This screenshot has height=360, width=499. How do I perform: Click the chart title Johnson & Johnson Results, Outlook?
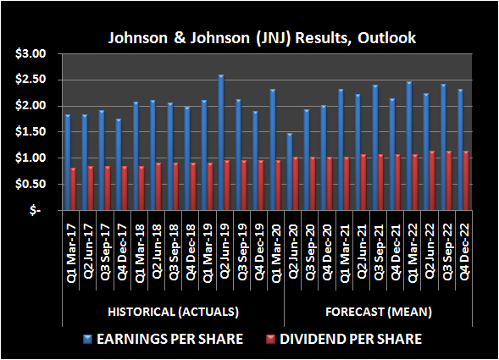click(249, 38)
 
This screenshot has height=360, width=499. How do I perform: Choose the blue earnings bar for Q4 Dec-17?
click(118, 164)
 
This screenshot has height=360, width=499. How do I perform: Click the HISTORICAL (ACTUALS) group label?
click(174, 312)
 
